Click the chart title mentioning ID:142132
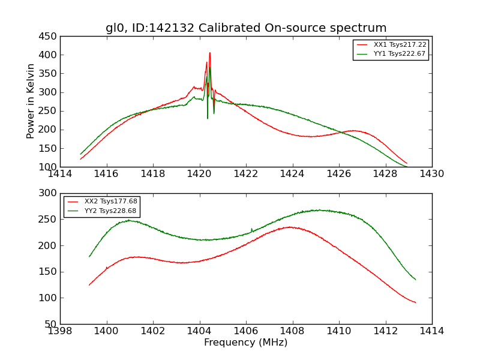click(246, 28)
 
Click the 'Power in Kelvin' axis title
click(31, 101)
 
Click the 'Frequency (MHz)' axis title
click(246, 343)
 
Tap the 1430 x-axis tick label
click(432, 175)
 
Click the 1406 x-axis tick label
click(246, 331)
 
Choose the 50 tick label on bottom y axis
click(50, 325)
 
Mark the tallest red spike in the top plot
click(210, 53)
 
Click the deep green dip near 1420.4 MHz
click(208, 118)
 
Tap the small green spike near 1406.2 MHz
click(251, 229)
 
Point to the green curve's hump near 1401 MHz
click(128, 220)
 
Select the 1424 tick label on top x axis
click(292, 175)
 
